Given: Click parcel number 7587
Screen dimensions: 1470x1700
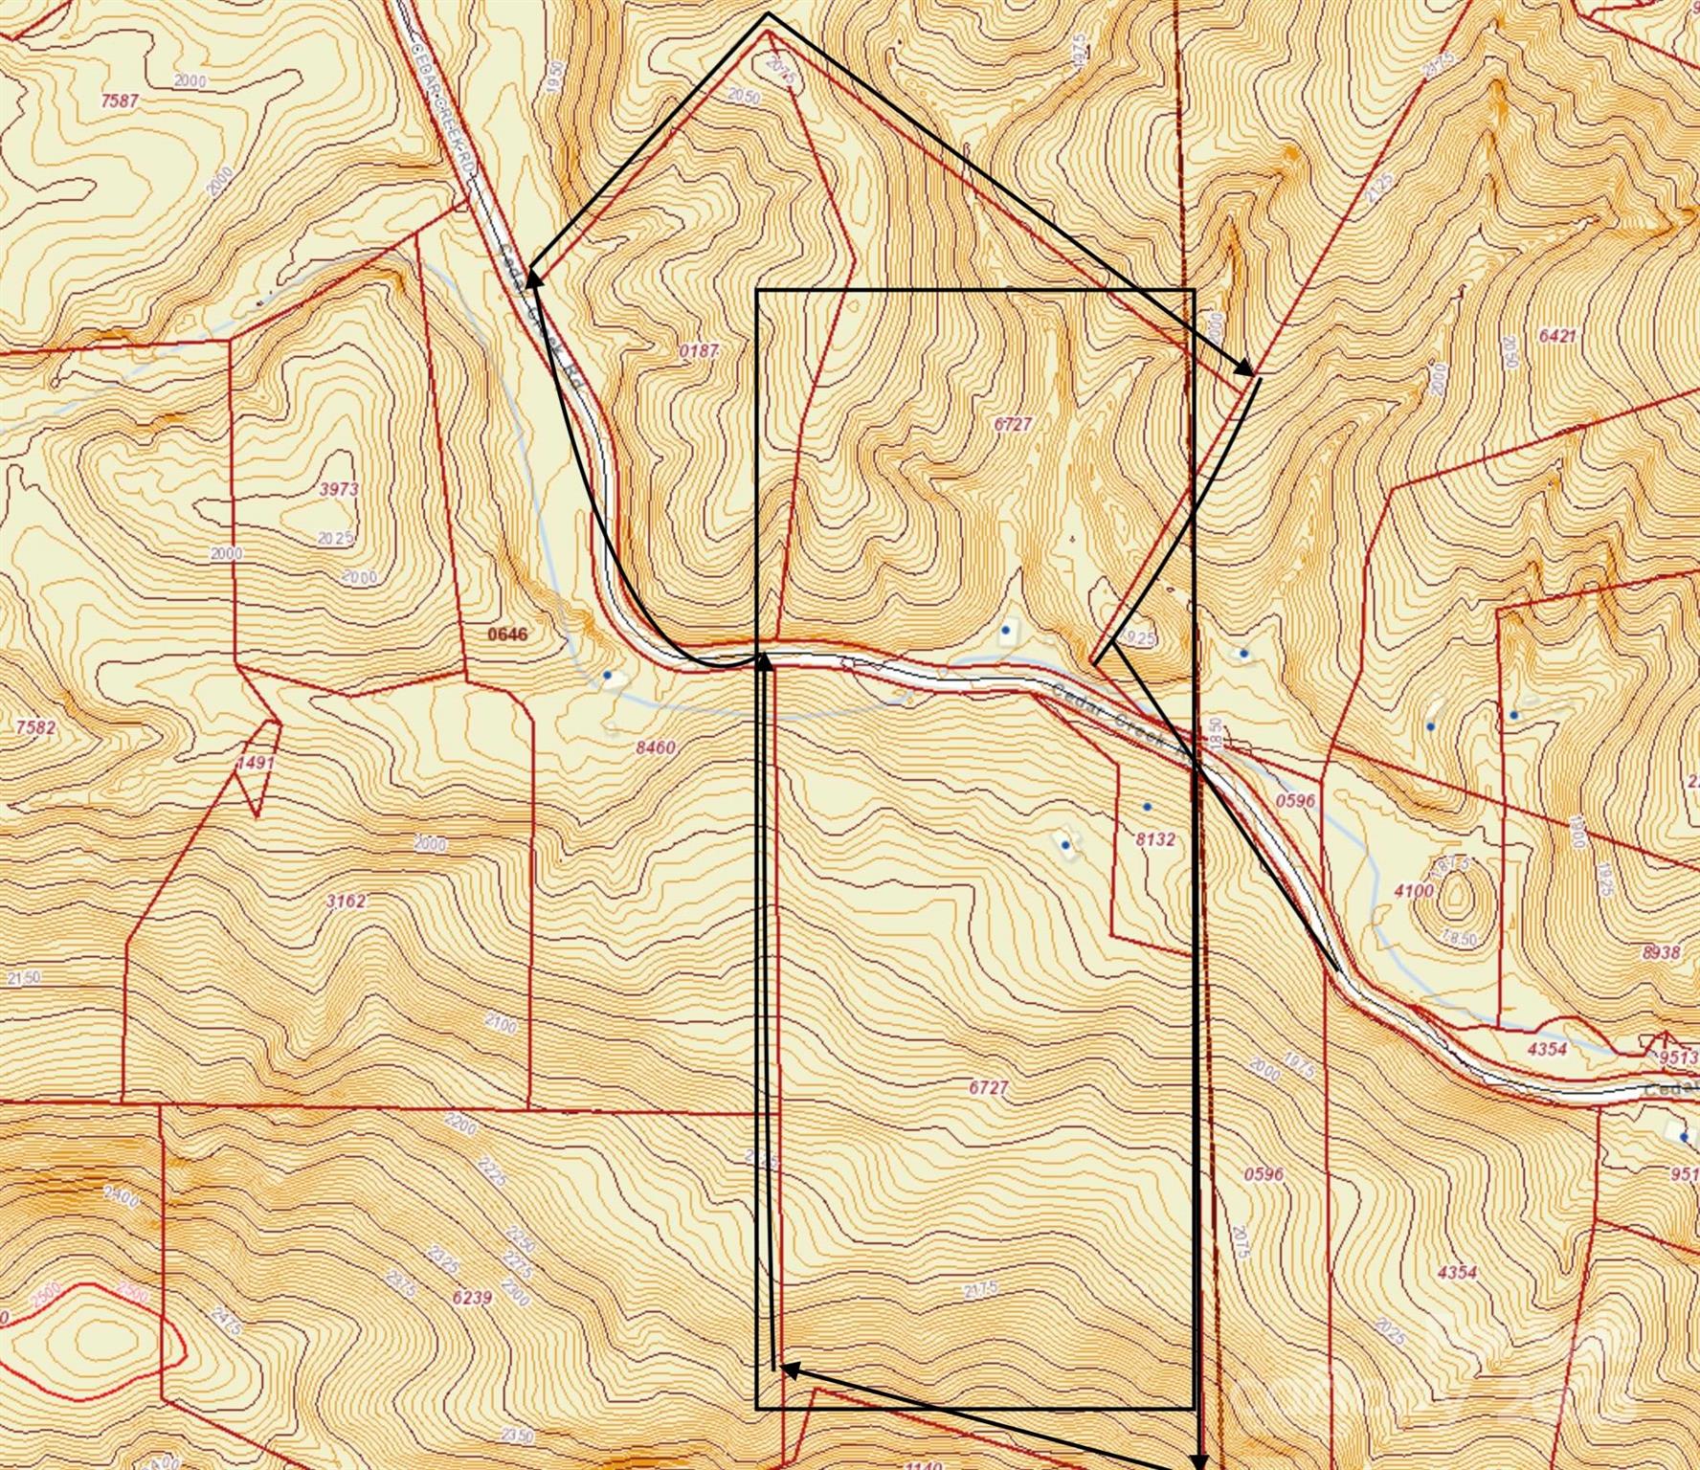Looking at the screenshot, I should [119, 100].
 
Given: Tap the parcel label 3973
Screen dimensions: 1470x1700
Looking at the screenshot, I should [339, 489].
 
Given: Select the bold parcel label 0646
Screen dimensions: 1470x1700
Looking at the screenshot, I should [507, 634].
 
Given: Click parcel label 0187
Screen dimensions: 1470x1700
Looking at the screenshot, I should [699, 350].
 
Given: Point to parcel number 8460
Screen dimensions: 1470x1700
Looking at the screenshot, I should [655, 747].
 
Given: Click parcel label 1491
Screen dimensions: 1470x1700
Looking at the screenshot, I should [256, 763].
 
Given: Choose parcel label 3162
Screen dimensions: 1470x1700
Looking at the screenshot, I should [346, 901].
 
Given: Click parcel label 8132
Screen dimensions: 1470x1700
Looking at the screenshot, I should [1155, 839].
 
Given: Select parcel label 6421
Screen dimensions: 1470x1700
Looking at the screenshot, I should [1557, 336].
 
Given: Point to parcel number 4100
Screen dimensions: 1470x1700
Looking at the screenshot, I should [1414, 891].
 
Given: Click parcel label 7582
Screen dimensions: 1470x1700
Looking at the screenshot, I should [36, 726].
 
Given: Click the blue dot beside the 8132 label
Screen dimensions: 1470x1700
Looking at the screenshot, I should [1148, 808].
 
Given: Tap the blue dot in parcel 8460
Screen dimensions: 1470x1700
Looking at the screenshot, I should [608, 676].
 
